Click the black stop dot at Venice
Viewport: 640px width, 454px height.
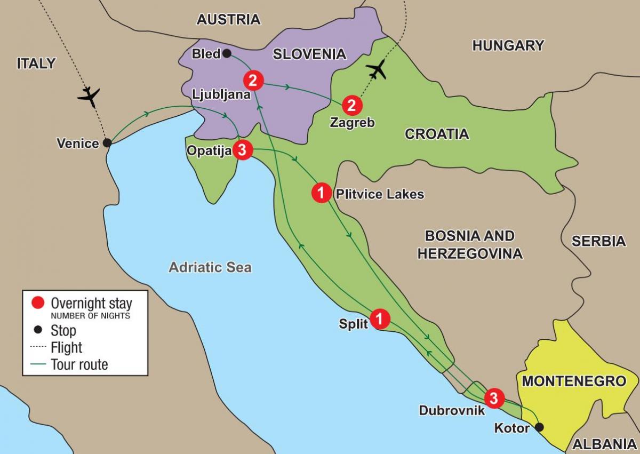(107, 143)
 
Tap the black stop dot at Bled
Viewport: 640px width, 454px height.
(227, 53)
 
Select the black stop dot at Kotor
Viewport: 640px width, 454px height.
(540, 427)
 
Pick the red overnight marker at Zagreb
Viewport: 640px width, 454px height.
(351, 105)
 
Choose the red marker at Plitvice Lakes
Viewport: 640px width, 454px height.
(321, 193)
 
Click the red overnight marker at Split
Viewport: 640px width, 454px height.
(380, 319)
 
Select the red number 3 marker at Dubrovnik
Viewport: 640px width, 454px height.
(494, 397)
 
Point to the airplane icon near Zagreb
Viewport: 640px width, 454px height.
(377, 69)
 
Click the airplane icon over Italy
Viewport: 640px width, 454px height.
(89, 97)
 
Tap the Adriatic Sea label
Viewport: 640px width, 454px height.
(210, 267)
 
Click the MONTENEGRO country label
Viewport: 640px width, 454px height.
(573, 381)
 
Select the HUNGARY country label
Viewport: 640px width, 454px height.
(508, 45)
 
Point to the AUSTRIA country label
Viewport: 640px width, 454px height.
(228, 20)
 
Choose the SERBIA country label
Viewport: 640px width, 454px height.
(598, 241)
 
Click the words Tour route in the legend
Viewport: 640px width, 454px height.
(79, 365)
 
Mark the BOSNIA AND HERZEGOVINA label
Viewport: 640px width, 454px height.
(469, 244)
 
